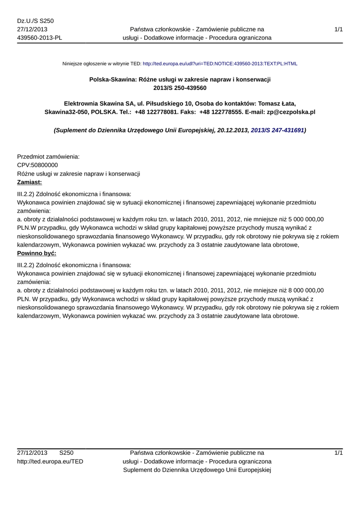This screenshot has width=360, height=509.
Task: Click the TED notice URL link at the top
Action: coord(220,64)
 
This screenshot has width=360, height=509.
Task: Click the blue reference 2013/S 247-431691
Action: coord(277,130)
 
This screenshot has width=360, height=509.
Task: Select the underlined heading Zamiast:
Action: coord(29,182)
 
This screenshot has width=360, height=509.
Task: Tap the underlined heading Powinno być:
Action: coord(37,253)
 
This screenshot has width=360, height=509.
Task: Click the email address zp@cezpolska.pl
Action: coord(284,112)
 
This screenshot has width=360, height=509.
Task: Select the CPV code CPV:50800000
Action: coord(37,165)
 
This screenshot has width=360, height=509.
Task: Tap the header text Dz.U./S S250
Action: coord(35,20)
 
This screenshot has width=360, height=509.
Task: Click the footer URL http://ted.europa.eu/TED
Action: coord(50,461)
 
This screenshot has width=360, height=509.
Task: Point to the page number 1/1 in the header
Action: coord(339,29)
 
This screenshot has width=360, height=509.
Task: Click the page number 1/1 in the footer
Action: coord(339,452)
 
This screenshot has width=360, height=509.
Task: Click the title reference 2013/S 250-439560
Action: coord(180,88)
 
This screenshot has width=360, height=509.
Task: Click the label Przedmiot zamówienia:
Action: coord(49,157)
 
